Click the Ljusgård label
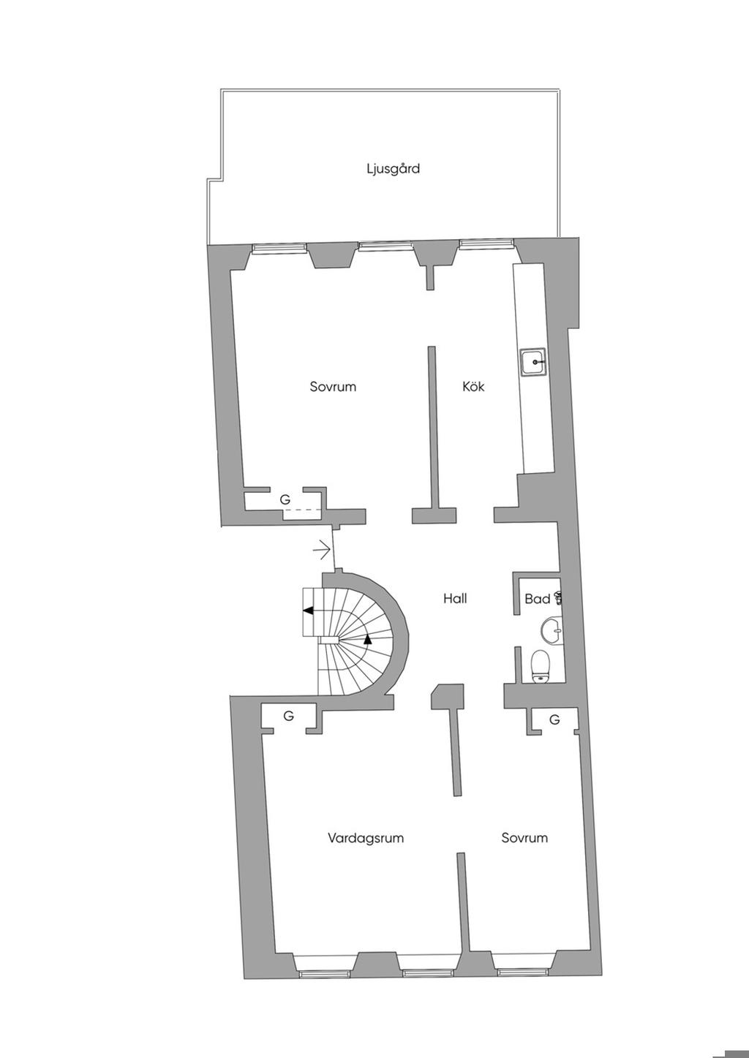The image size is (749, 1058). [x=393, y=169]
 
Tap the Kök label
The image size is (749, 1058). [x=473, y=386]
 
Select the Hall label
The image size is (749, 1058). [x=454, y=598]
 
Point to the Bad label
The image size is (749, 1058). [x=537, y=599]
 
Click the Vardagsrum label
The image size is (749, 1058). [x=365, y=838]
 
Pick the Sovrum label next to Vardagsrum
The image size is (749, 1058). [x=524, y=838]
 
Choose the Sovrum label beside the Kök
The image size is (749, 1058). [x=332, y=386]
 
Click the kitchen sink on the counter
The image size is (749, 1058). [x=533, y=361]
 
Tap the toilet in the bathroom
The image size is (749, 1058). [x=541, y=665]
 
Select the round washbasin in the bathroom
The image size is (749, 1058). [x=553, y=630]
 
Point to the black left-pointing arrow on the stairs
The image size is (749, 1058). [x=309, y=610]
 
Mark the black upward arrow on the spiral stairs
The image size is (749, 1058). [x=367, y=638]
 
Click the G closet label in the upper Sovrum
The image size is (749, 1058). [x=285, y=499]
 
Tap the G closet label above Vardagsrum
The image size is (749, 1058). [x=288, y=716]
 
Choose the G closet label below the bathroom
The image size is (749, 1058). [x=554, y=720]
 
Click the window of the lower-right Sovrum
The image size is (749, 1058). [x=522, y=972]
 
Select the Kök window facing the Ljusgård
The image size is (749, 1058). [x=485, y=243]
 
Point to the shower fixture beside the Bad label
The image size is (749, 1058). [x=560, y=598]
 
